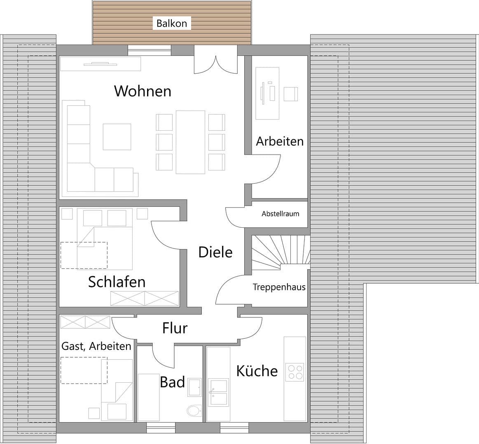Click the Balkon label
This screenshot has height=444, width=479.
pos(172,23)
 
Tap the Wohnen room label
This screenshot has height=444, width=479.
pos(143,91)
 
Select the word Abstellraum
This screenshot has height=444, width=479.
pos(280,214)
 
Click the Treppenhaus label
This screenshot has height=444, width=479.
pos(279,287)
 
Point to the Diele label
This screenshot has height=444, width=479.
pos(215,252)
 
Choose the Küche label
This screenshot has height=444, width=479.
pos(257,371)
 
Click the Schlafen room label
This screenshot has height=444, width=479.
pos(117,282)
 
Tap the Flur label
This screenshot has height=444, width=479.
pos(175,328)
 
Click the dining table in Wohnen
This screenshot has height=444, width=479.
pos(190,142)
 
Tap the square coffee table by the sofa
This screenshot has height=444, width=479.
pos(117,137)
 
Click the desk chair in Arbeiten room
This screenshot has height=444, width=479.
pos(290,94)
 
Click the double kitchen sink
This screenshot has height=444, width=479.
pos(218,393)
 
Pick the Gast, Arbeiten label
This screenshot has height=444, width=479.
pos(96,346)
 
